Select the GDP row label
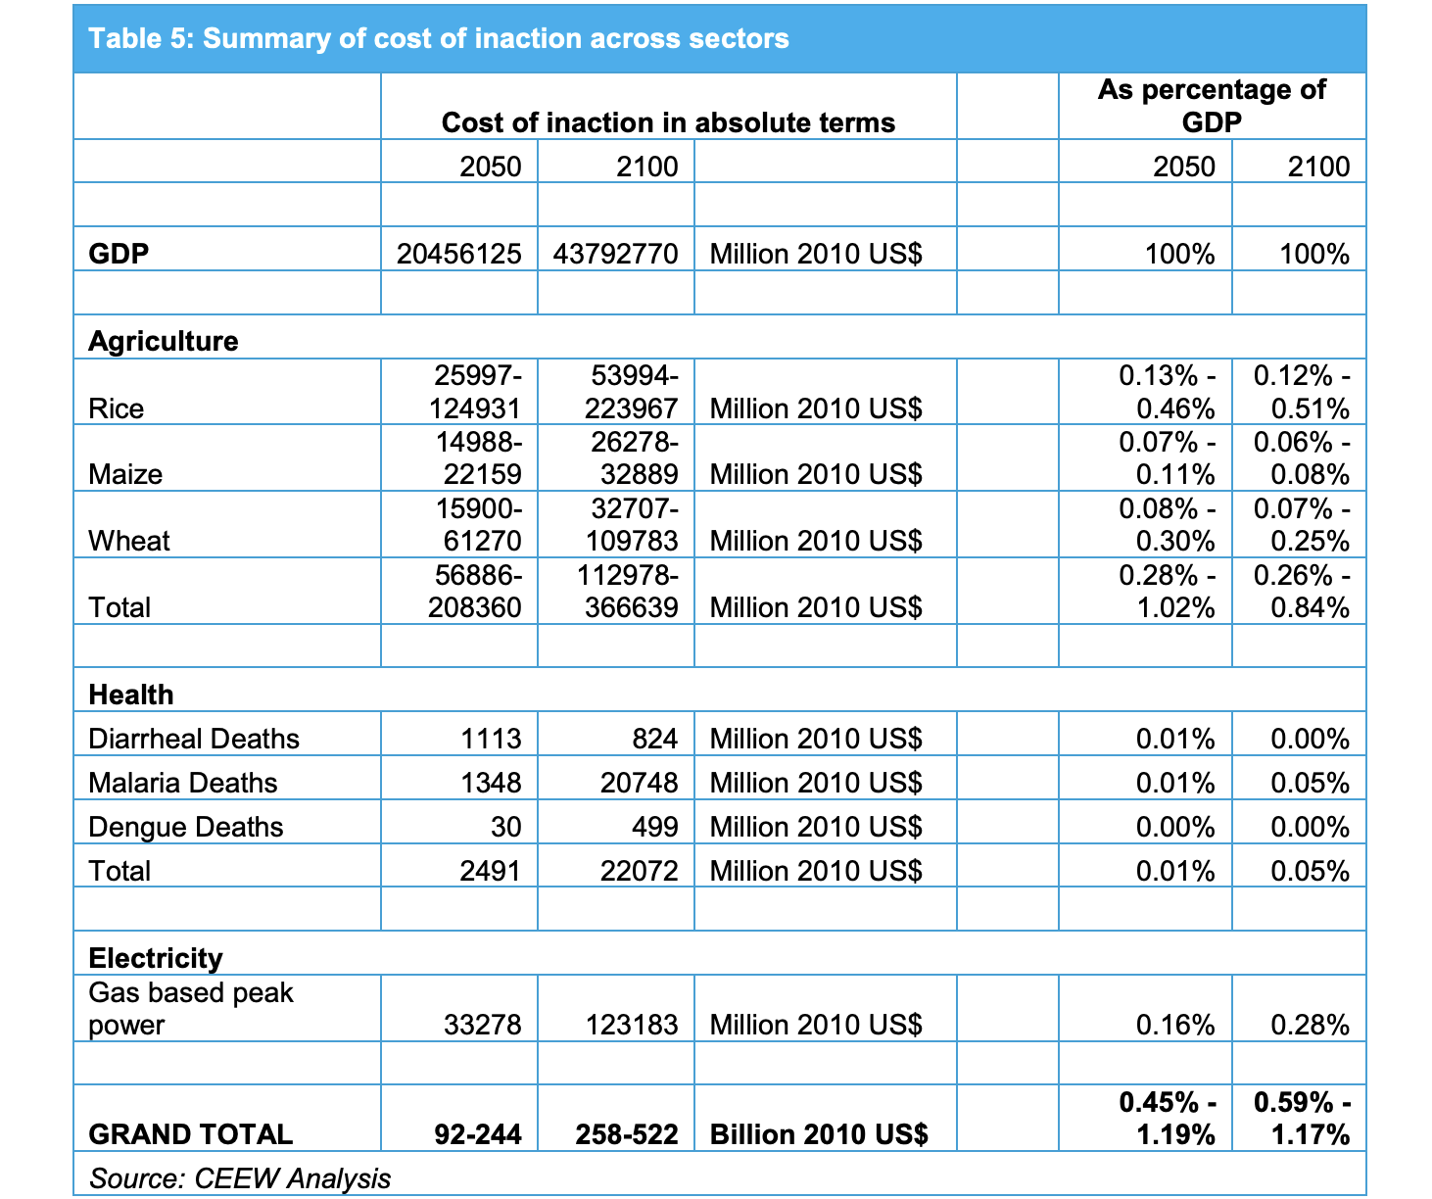click(x=119, y=254)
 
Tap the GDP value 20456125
click(x=458, y=254)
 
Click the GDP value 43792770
click(x=615, y=254)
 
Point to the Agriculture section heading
click(x=164, y=341)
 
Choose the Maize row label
click(x=125, y=474)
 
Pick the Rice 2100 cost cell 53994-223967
click(x=632, y=392)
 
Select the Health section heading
click(x=131, y=695)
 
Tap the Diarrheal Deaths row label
click(x=194, y=739)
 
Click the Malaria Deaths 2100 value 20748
click(x=640, y=783)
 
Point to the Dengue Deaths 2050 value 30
click(x=506, y=827)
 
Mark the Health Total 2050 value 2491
click(x=491, y=871)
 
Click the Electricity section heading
click(x=156, y=958)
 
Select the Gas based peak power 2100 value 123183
click(x=632, y=1025)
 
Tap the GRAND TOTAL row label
click(x=191, y=1134)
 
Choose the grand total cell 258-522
click(x=627, y=1134)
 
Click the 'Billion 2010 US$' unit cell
click(x=819, y=1134)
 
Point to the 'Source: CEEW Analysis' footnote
click(x=239, y=1178)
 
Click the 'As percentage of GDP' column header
click(x=1212, y=106)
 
